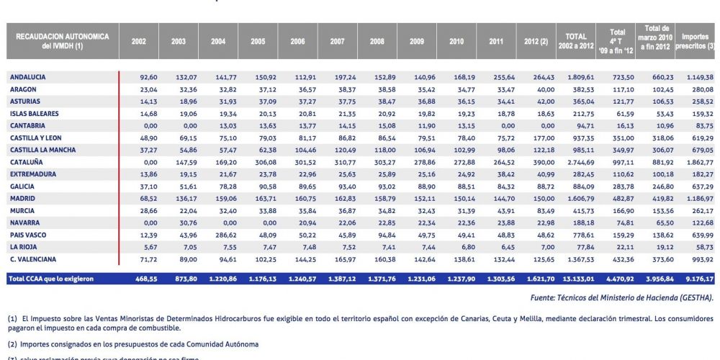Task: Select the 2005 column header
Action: tap(258, 41)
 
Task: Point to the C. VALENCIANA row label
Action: tap(33, 258)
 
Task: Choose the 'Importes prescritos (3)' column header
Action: tap(695, 41)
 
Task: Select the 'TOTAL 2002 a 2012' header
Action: tap(575, 41)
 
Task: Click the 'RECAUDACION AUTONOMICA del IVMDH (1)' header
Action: tap(63, 40)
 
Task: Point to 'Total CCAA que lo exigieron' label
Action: tap(50, 278)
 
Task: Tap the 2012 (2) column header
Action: tap(536, 41)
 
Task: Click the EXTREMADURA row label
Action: tap(32, 174)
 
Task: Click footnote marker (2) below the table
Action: tap(12, 344)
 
